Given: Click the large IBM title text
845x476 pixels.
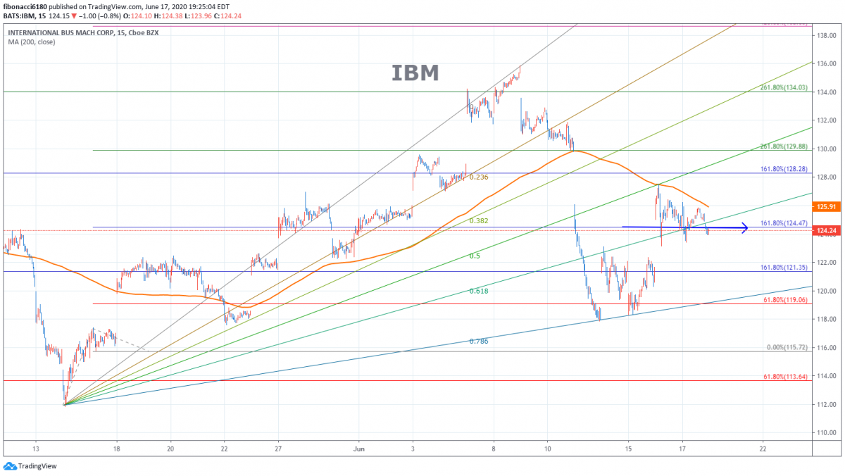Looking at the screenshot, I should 415,73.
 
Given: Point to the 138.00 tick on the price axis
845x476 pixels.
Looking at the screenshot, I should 825,35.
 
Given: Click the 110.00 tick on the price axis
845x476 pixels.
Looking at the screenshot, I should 825,432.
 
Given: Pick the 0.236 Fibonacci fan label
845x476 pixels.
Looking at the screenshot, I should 479,177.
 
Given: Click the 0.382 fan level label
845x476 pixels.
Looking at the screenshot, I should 479,221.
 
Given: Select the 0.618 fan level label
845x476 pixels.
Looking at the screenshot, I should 479,291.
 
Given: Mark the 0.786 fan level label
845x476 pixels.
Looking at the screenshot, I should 479,341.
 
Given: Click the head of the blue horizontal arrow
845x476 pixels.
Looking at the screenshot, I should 744,227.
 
